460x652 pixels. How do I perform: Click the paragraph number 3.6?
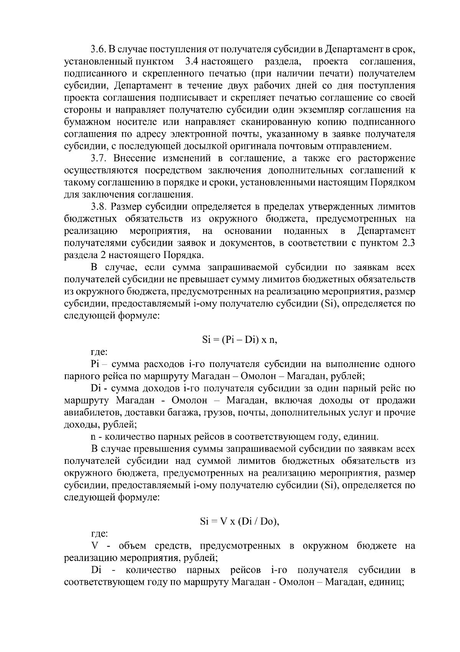click(x=99, y=50)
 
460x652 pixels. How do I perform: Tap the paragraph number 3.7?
click(x=99, y=158)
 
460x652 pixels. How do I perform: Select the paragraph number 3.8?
click(x=99, y=207)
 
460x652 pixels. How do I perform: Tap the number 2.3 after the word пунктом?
click(x=407, y=243)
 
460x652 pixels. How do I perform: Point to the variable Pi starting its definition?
click(x=95, y=364)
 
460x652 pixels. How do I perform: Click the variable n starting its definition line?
click(x=93, y=437)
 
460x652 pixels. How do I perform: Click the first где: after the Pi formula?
click(x=99, y=352)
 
